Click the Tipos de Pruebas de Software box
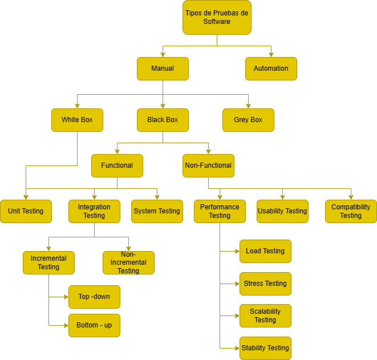[x=217, y=17]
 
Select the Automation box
[x=271, y=68]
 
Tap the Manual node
[x=163, y=68]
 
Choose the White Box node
[x=77, y=120]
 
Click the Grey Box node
[x=248, y=120]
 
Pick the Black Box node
[x=163, y=120]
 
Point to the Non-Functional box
[x=208, y=165]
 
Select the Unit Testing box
[x=26, y=212]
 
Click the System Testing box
[x=157, y=212]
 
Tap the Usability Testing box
[x=282, y=212]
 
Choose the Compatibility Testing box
[x=351, y=212]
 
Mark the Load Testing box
[x=265, y=251]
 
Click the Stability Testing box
[x=265, y=348]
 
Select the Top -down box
[x=94, y=297]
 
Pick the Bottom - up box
[x=94, y=325]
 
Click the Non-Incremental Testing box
[x=129, y=262]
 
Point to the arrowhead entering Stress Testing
[x=237, y=284]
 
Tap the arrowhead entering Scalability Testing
[x=237, y=315]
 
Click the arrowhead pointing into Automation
[x=271, y=55]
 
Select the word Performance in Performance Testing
[x=220, y=207]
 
